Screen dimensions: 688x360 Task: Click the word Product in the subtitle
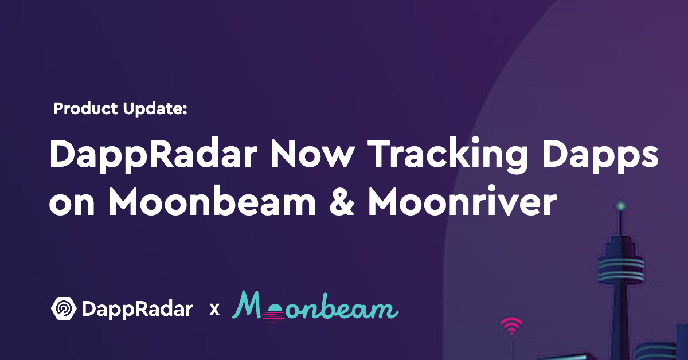coord(85,108)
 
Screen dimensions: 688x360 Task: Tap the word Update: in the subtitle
coord(155,109)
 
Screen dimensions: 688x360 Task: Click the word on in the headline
coord(72,204)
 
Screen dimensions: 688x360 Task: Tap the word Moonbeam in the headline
coord(212,201)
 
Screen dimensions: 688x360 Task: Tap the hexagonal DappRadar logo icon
coord(64,308)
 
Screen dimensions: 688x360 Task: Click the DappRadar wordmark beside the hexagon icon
coord(138,310)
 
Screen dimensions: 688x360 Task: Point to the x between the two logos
coord(214,310)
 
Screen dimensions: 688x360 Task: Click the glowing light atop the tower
coord(621,205)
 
